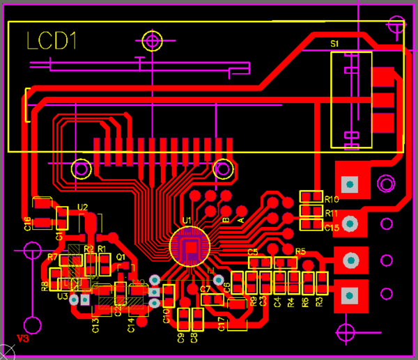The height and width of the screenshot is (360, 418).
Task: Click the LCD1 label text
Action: (x=50, y=41)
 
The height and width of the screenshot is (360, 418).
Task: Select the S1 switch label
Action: (x=334, y=44)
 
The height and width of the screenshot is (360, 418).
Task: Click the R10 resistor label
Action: (x=332, y=200)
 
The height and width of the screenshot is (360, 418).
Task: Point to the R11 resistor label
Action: (x=332, y=213)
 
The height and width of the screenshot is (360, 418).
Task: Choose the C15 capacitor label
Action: (x=332, y=227)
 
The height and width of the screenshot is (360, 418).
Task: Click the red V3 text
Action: (x=22, y=339)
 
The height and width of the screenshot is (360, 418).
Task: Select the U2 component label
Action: (x=83, y=207)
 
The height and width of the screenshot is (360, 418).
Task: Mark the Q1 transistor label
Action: (x=120, y=257)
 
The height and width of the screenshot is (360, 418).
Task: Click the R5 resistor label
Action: (x=301, y=251)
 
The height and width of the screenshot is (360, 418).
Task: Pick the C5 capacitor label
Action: (x=253, y=251)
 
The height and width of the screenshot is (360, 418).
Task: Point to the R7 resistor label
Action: (x=53, y=257)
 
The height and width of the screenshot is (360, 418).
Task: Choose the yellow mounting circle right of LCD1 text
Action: (x=152, y=40)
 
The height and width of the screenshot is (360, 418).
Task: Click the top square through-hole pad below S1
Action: (x=350, y=184)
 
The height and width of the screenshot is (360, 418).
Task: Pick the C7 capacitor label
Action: (x=205, y=289)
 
